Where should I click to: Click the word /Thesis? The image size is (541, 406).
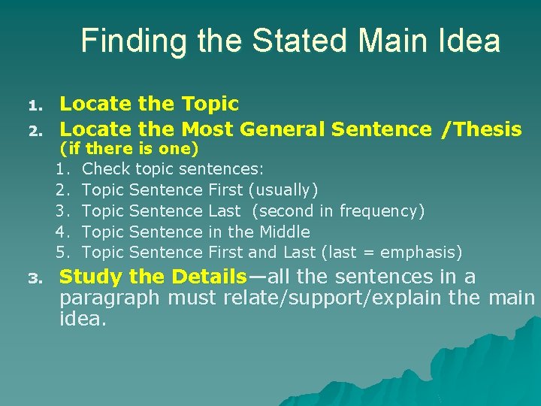(482, 129)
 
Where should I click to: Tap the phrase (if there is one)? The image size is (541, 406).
(128, 149)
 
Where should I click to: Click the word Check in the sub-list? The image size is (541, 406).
(106, 169)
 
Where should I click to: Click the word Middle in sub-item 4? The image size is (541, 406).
(285, 232)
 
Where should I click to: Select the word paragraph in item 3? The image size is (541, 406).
(110, 298)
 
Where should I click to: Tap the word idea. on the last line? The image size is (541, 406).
(83, 318)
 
